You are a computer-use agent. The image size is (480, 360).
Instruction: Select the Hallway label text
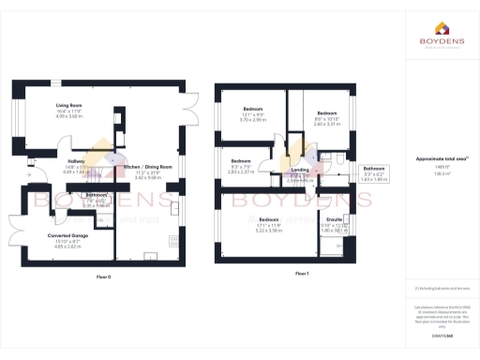[x=74, y=161]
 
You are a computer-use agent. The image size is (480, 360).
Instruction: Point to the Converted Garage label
[x=67, y=234]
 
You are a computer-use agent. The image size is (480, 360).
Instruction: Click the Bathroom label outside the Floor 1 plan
[x=374, y=168]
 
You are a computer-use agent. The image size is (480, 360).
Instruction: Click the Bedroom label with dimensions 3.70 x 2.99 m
[x=251, y=109]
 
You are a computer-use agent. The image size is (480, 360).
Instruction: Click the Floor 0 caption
[x=103, y=277]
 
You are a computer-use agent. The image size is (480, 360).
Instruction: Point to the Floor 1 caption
[x=301, y=273]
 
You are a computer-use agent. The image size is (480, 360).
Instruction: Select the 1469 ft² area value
[x=439, y=166]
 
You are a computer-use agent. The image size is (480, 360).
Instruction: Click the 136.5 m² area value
[x=439, y=173]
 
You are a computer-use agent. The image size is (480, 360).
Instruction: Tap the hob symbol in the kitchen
[x=173, y=241]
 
